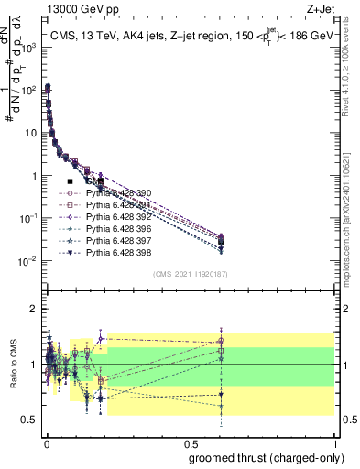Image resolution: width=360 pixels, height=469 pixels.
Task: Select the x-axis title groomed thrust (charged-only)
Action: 265,458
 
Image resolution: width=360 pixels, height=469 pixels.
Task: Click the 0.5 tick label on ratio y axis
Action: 28,420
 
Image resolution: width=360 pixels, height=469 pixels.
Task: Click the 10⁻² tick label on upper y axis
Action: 27,261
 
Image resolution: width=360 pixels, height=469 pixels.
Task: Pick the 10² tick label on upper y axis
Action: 28,90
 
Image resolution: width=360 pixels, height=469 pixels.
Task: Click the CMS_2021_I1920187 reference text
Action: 191,274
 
